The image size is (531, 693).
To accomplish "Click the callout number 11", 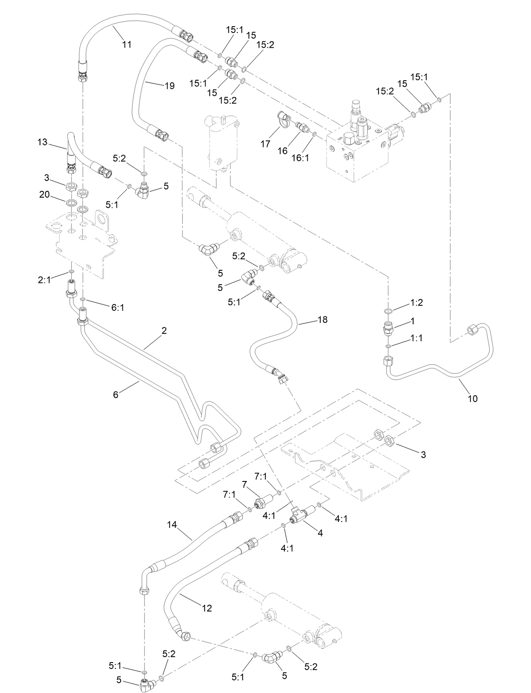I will (127, 44).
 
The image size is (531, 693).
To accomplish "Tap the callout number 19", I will (169, 86).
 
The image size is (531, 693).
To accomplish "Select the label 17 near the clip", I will (265, 144).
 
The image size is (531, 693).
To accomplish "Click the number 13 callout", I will (43, 142).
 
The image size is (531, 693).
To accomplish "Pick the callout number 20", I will (44, 195).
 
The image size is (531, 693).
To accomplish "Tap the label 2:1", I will (44, 280).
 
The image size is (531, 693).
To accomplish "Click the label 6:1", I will (118, 308).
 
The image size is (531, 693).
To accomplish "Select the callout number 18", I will (322, 320).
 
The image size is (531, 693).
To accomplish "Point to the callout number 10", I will (473, 398).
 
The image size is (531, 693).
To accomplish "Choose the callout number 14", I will (171, 525).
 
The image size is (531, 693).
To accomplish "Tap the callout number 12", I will (207, 608).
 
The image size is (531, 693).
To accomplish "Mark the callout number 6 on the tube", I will (116, 394).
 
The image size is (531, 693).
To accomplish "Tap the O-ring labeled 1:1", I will (388, 347).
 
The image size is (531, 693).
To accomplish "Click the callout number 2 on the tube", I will (164, 331).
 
